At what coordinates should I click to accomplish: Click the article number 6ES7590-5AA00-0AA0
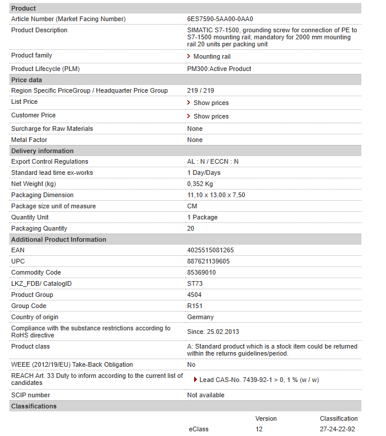pyautogui.click(x=220, y=19)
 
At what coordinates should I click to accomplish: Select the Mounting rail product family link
pyautogui.click(x=212, y=57)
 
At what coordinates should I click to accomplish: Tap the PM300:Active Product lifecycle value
pyautogui.click(x=219, y=69)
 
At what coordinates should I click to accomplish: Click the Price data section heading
pyautogui.click(x=26, y=80)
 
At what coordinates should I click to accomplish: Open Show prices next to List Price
pyautogui.click(x=211, y=103)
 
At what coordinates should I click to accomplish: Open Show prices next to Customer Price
pyautogui.click(x=211, y=117)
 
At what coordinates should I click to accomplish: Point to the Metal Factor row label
pyautogui.click(x=29, y=140)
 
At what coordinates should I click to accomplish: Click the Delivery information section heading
pyautogui.click(x=42, y=151)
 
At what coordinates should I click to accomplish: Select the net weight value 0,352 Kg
pyautogui.click(x=200, y=184)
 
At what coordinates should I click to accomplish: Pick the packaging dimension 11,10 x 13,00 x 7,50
pyautogui.click(x=216, y=195)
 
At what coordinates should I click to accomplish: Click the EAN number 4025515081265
pyautogui.click(x=210, y=251)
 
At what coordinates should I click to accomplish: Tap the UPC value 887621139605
pyautogui.click(x=208, y=262)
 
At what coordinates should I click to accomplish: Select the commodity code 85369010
pyautogui.click(x=201, y=273)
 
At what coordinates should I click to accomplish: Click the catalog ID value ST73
pyautogui.click(x=195, y=284)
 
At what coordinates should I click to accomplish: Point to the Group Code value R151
pyautogui.click(x=195, y=306)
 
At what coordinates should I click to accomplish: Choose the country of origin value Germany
pyautogui.click(x=200, y=317)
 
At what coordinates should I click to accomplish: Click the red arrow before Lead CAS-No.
pyautogui.click(x=195, y=380)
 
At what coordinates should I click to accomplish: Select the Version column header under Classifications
pyautogui.click(x=266, y=419)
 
